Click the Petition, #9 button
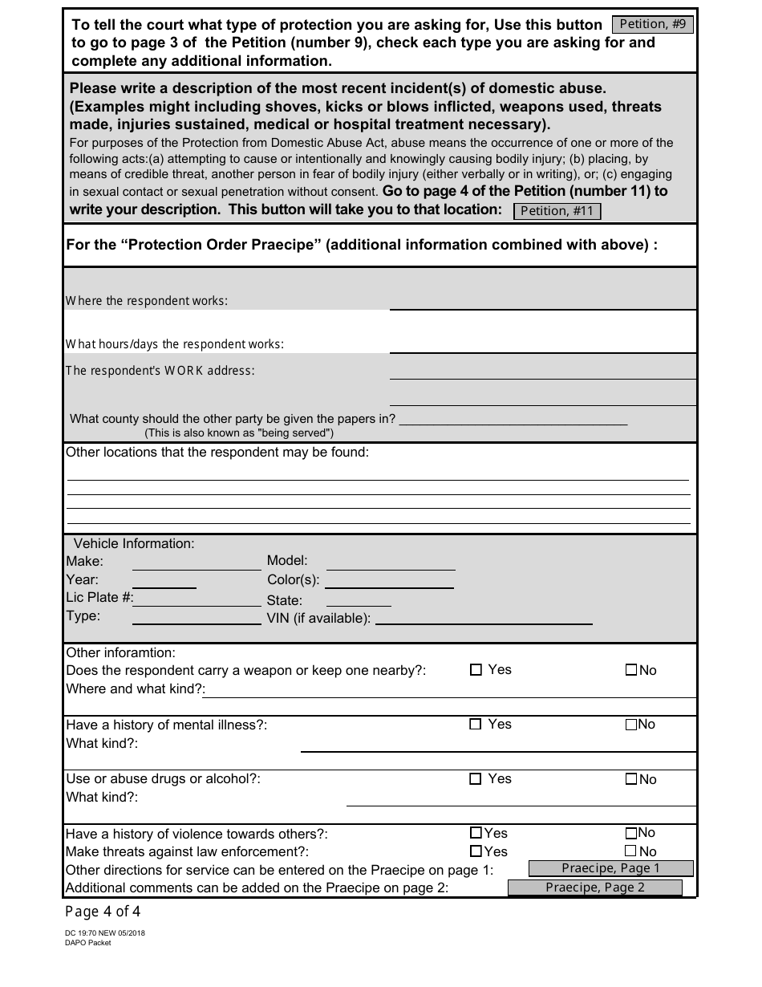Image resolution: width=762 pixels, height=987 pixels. [x=653, y=24]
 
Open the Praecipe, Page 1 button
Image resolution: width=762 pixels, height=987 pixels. [x=610, y=868]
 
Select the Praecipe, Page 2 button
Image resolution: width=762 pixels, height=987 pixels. [x=595, y=887]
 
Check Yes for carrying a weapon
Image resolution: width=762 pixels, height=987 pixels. [x=476, y=670]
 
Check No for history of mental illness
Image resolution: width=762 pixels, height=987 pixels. [x=631, y=725]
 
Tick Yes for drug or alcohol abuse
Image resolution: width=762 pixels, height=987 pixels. [x=476, y=779]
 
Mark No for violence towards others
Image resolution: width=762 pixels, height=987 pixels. [x=631, y=833]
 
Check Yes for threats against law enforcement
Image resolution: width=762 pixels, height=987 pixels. [x=476, y=851]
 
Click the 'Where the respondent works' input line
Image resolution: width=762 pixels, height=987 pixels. [x=542, y=302]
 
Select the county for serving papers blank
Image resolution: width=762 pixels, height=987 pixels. [x=513, y=419]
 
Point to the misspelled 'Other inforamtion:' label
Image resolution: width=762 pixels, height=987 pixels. [x=120, y=652]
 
